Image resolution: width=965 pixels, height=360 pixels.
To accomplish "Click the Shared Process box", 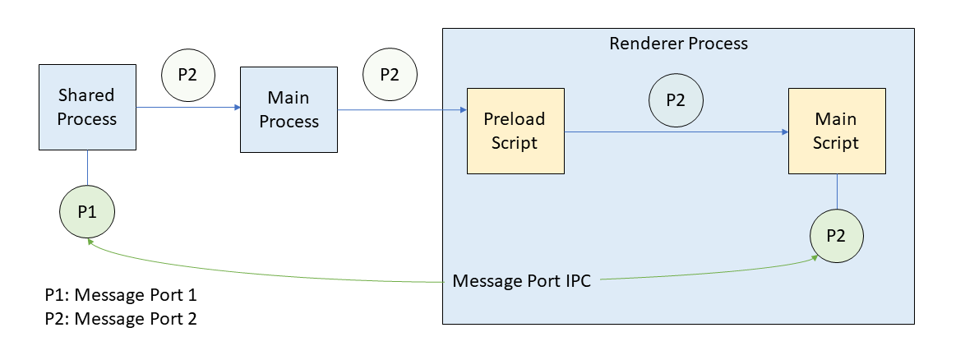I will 87,108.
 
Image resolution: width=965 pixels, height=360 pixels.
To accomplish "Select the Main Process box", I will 289,109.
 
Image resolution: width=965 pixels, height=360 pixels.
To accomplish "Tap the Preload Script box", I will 515,131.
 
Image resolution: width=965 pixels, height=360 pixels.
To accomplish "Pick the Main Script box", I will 837,131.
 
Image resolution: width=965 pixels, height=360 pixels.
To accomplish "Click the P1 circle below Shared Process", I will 87,212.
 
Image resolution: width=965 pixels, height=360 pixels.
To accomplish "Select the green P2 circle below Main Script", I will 837,235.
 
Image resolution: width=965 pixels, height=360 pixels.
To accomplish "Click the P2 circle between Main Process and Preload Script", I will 390,74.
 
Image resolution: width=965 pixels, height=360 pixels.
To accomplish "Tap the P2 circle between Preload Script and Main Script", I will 676,100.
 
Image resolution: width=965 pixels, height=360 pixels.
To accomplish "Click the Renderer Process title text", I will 678,44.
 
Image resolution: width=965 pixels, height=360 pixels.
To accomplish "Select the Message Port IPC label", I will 521,281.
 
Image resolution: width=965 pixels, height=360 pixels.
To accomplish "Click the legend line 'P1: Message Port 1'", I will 121,295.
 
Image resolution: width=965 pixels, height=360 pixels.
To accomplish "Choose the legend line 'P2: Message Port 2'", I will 121,318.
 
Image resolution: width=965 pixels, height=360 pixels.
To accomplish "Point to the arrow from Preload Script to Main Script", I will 674,132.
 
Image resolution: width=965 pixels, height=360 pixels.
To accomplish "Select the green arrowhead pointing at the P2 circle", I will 815,258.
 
